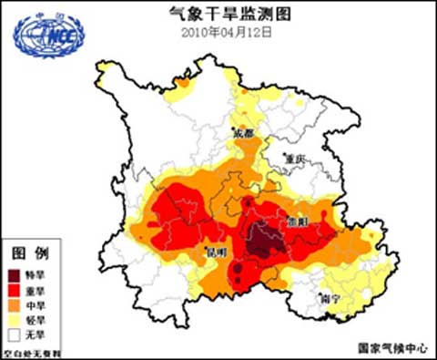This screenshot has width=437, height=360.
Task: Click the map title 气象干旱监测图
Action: click(218, 13)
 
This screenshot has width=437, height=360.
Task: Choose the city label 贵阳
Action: click(295, 221)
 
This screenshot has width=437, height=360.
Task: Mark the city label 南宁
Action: click(331, 297)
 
